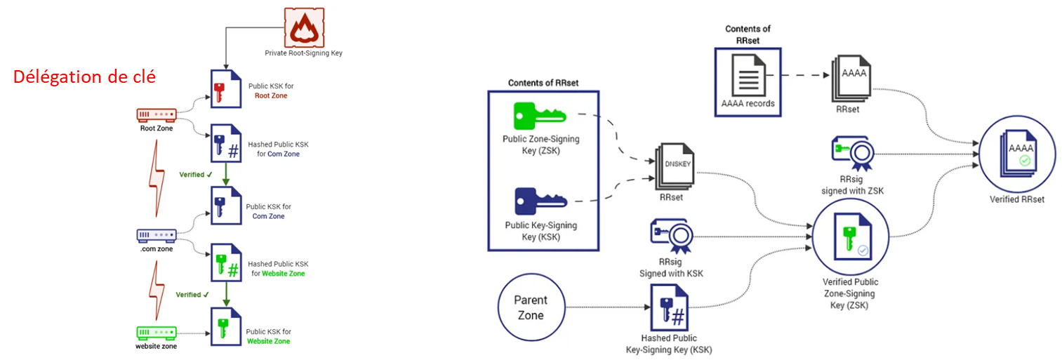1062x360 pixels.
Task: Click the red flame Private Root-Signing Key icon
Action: pyautogui.click(x=303, y=27)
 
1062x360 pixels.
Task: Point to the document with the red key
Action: pyautogui.click(x=224, y=89)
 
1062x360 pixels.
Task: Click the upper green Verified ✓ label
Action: pyautogui.click(x=195, y=174)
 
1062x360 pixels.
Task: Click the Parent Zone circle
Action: pyautogui.click(x=531, y=308)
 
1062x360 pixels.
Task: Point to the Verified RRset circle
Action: pyautogui.click(x=1016, y=156)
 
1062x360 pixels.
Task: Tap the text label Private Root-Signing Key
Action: pyautogui.click(x=303, y=53)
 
